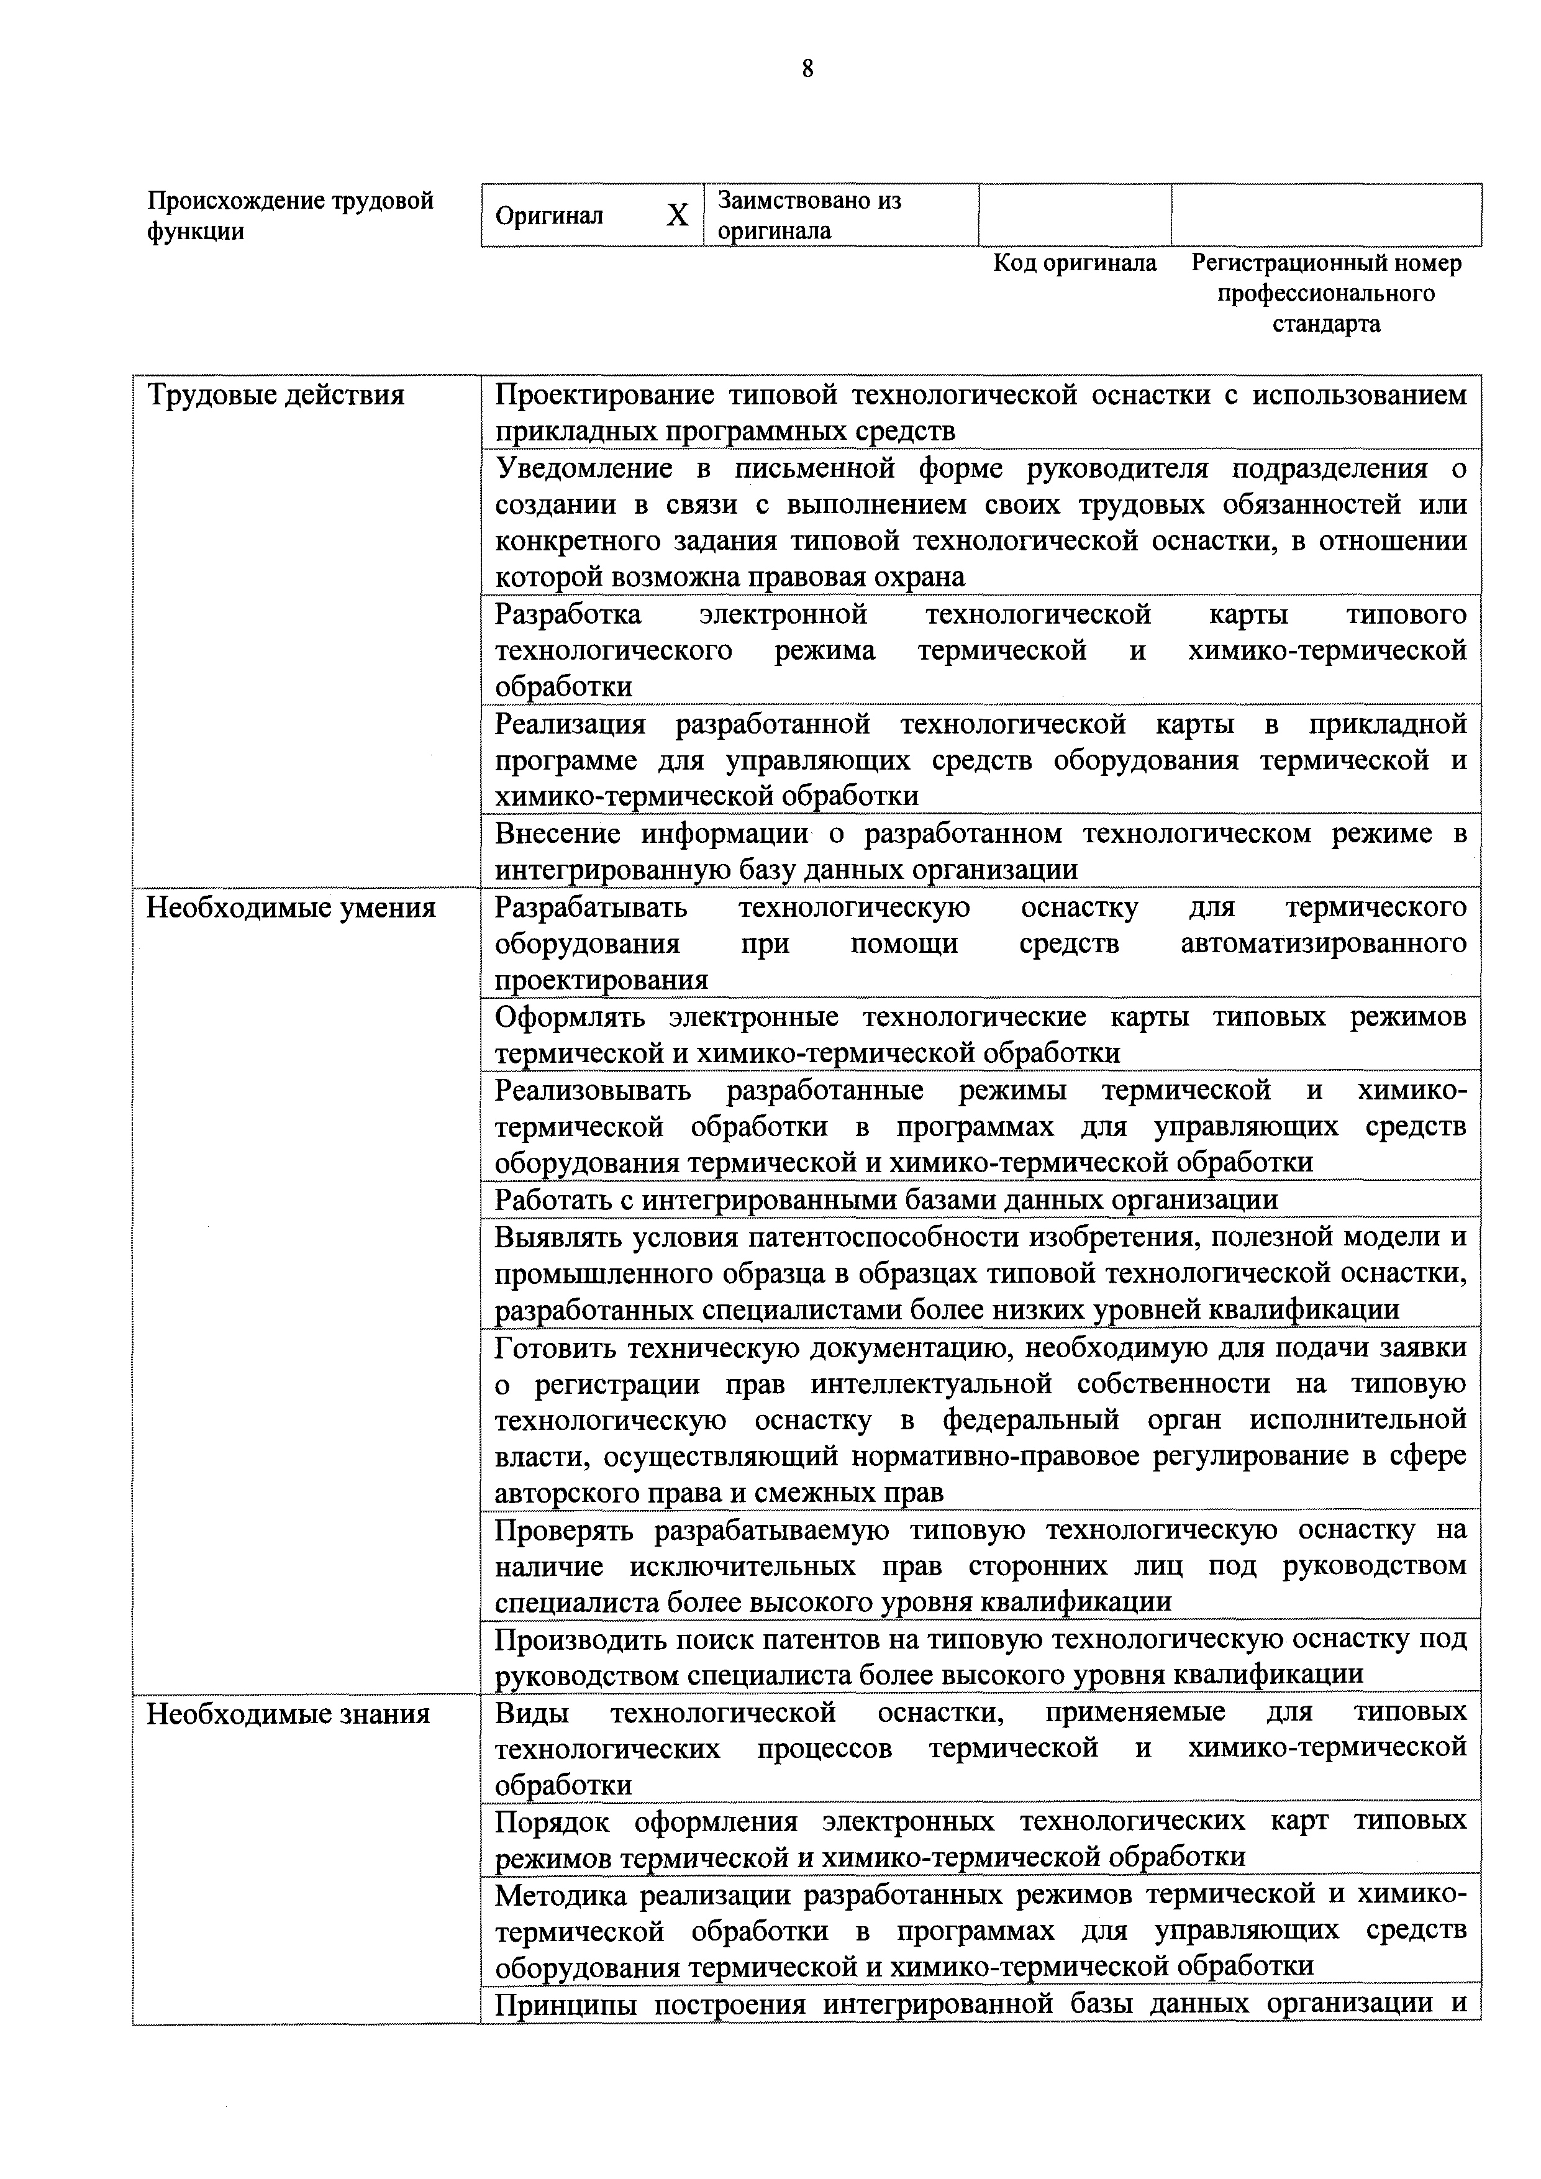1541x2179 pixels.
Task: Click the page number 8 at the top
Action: pyautogui.click(x=807, y=68)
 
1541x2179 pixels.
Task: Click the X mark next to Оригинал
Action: pyautogui.click(x=676, y=216)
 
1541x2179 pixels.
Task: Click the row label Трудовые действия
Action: pyautogui.click(x=275, y=395)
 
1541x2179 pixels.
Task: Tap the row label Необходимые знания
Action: pyautogui.click(x=288, y=1714)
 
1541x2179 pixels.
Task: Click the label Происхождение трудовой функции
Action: pyautogui.click(x=290, y=216)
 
